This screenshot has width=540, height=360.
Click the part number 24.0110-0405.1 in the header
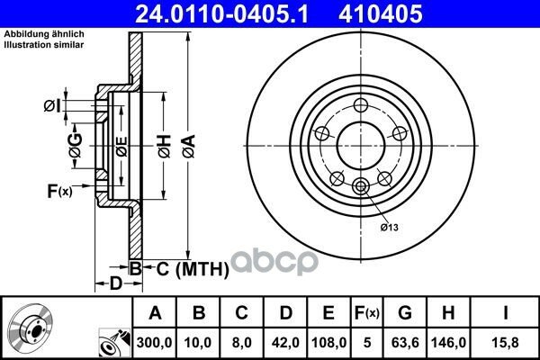tap(221, 13)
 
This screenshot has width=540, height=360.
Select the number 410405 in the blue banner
tap(381, 13)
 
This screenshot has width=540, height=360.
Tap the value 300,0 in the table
tap(154, 342)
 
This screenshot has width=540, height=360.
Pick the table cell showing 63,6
tap(405, 342)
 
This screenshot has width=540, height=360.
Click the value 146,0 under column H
tap(448, 342)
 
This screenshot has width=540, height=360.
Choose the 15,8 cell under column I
tap(506, 342)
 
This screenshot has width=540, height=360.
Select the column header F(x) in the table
tap(367, 313)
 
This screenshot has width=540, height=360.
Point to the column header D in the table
tap(286, 313)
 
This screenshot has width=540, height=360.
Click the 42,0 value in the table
tap(285, 342)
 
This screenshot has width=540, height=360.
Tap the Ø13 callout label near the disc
tap(389, 228)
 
